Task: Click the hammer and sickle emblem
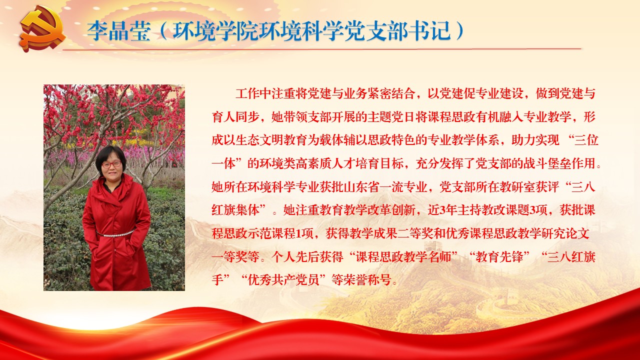tap(43, 28)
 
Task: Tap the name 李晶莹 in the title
tap(119, 31)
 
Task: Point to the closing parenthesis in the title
tap(459, 31)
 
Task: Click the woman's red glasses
tap(111, 164)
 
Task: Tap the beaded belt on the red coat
tap(115, 233)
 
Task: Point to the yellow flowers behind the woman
tap(134, 140)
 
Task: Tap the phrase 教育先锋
tap(499, 257)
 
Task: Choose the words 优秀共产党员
tap(283, 280)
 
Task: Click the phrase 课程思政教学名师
tap(403, 257)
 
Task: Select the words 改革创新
tap(391, 210)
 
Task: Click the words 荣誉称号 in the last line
tap(367, 280)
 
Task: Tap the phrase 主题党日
tap(391, 117)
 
